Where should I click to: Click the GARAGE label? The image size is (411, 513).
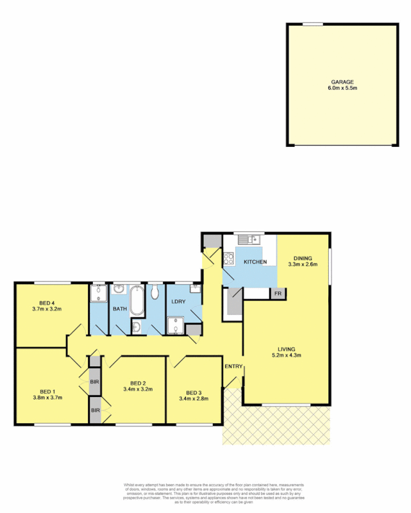(x=342, y=82)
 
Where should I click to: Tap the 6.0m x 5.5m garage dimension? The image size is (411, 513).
(x=342, y=88)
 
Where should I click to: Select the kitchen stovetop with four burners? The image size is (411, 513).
(x=229, y=260)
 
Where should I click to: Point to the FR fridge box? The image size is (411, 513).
(x=278, y=293)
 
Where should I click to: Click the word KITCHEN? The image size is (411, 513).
(x=255, y=262)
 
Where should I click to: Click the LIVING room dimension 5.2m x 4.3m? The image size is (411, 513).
(x=286, y=355)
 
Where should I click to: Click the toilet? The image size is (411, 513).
(x=156, y=293)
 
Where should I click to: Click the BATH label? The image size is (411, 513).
(x=121, y=309)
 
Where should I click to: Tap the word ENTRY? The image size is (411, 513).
(x=232, y=367)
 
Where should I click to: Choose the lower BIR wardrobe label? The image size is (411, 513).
(x=95, y=410)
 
